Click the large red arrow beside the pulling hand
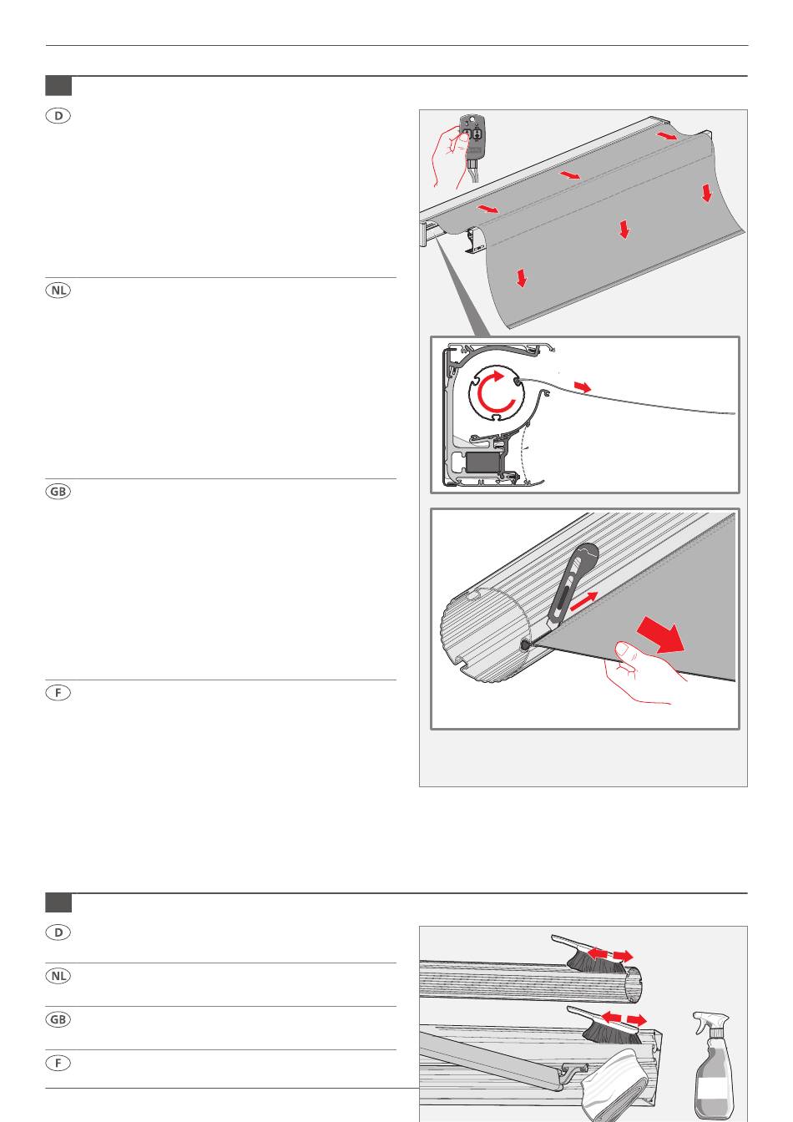[661, 634]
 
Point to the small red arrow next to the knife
[584, 601]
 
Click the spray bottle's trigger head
[711, 1023]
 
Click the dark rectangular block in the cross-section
[483, 462]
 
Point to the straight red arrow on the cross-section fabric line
[582, 387]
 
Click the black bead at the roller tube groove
[524, 645]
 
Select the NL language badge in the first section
[58, 290]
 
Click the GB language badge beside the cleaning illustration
[58, 1018]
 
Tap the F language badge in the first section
[58, 693]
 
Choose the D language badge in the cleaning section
[58, 932]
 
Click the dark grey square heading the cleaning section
[58, 902]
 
